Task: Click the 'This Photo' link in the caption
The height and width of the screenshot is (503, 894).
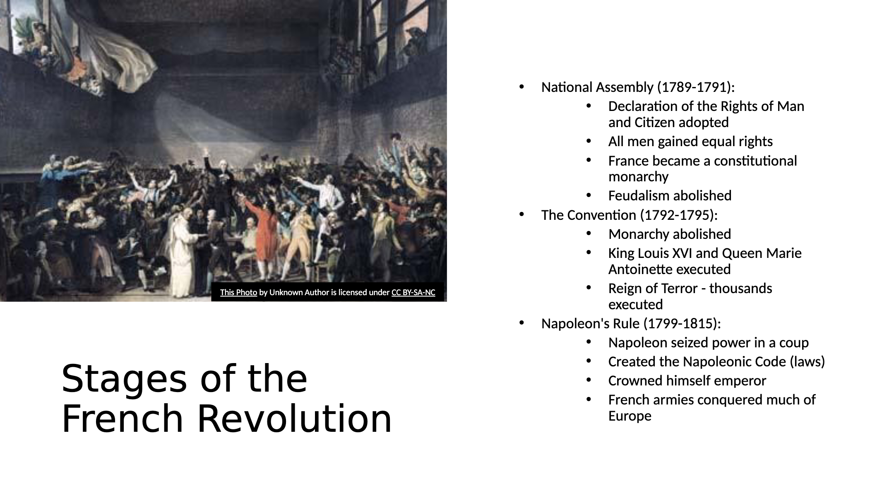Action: tap(238, 292)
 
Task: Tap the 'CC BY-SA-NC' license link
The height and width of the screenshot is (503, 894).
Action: tap(413, 292)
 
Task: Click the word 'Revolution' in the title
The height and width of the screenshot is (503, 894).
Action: tap(294, 419)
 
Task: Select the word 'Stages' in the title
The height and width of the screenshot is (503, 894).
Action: tap(124, 380)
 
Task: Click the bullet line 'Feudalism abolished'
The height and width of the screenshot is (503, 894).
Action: tap(670, 195)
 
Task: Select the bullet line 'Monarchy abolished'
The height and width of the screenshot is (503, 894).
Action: tap(669, 234)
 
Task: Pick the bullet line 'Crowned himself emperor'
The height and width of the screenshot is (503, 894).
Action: tap(687, 381)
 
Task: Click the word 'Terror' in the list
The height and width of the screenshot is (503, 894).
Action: tap(683, 288)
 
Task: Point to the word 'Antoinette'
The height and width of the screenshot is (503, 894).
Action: tap(640, 270)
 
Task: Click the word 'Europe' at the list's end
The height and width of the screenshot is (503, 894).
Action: tap(630, 416)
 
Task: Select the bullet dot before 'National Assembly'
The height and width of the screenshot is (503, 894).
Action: tap(521, 87)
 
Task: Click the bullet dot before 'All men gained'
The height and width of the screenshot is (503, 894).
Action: tap(589, 141)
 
